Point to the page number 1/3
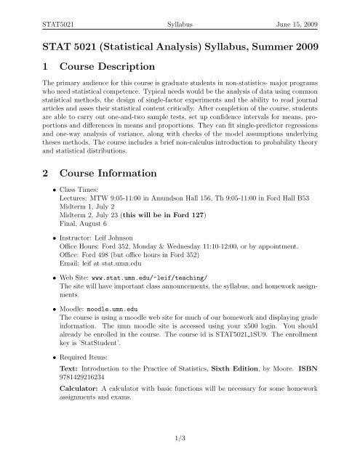(180, 448)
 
